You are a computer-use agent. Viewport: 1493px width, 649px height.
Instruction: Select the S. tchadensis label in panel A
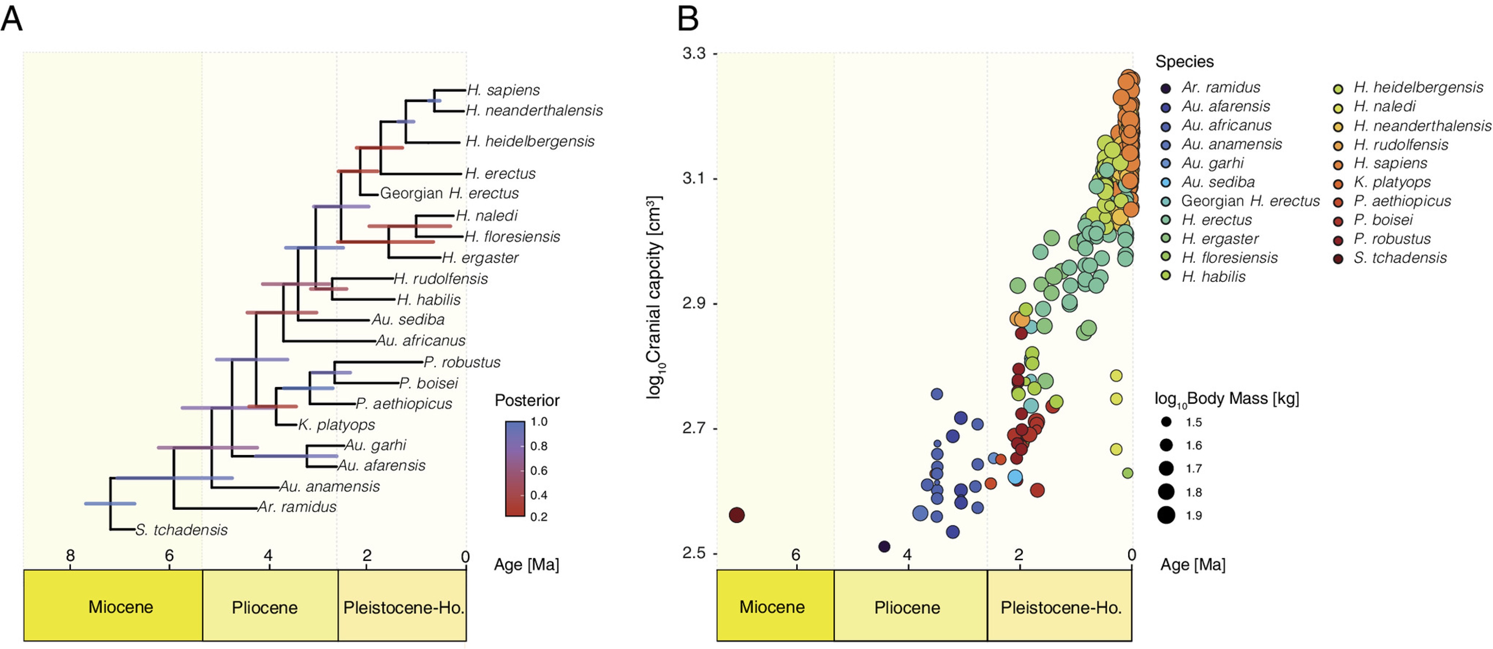182,530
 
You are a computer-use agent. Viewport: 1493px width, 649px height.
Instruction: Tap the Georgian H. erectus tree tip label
449,193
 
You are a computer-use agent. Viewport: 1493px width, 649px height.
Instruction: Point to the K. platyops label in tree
336,424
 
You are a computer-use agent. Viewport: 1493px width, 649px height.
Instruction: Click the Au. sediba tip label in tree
408,319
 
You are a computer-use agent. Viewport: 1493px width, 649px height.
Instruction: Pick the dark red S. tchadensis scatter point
736,515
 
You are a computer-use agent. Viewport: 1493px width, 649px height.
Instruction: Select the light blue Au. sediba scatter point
1015,477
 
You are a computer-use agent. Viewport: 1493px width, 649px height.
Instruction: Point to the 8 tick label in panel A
70,556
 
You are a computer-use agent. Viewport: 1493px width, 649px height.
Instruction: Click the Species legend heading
1184,62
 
